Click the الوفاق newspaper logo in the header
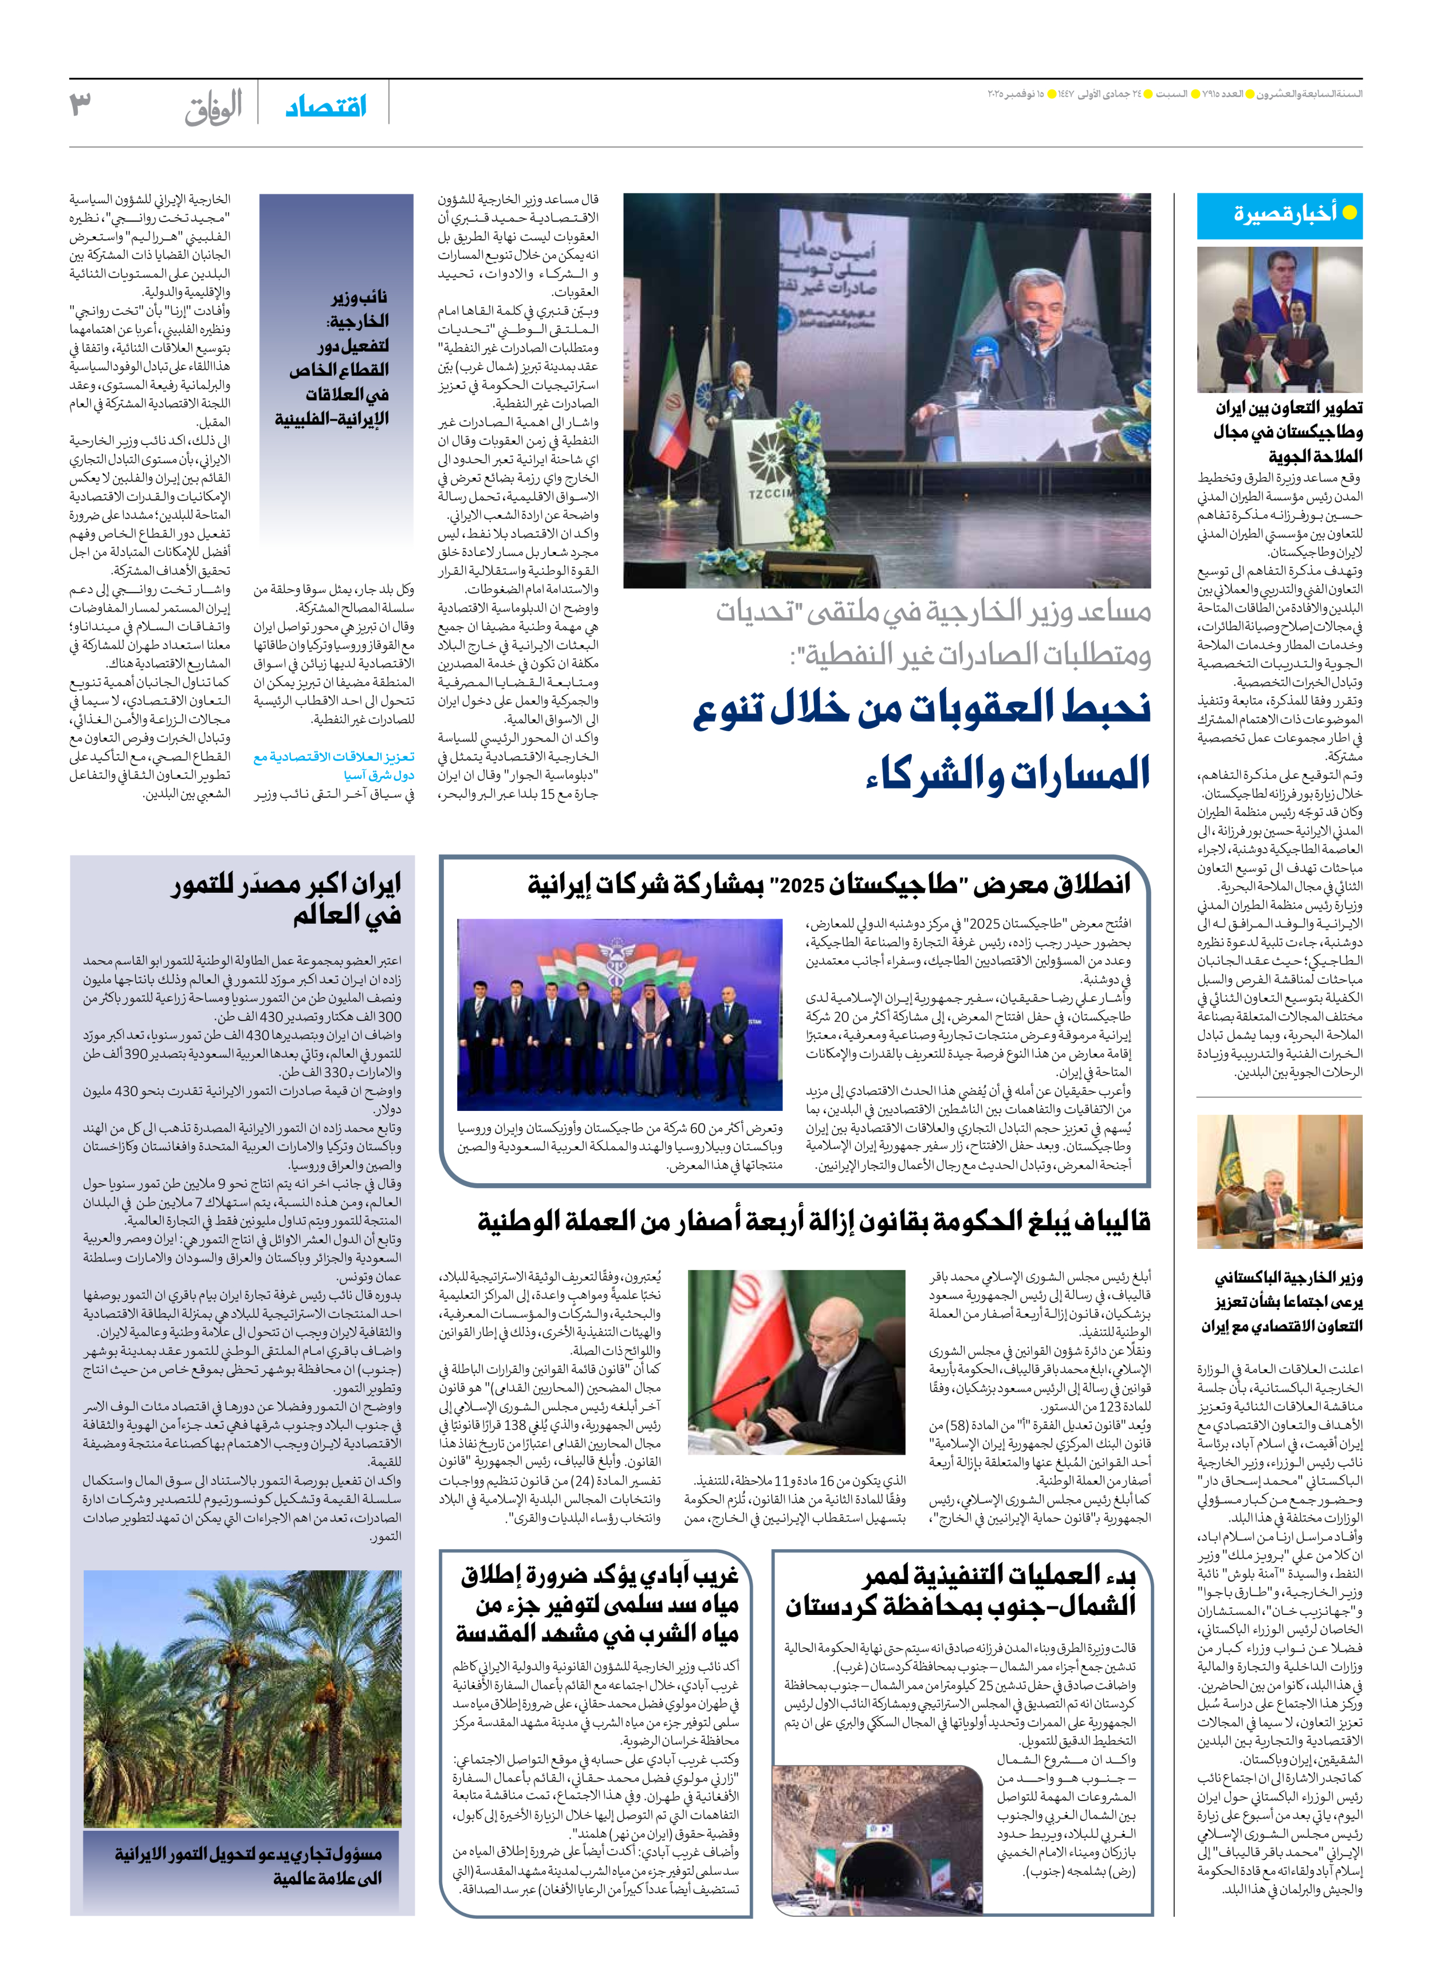[x=213, y=108]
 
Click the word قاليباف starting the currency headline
[x=1111, y=1221]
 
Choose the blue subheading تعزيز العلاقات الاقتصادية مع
[x=334, y=756]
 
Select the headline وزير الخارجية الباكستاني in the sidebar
[x=1288, y=1278]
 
